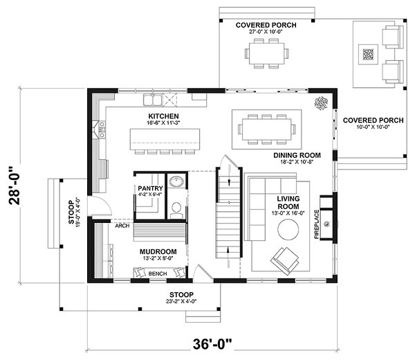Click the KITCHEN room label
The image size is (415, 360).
tap(164, 116)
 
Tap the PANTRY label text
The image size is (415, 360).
tap(149, 188)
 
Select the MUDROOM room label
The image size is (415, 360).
tap(158, 251)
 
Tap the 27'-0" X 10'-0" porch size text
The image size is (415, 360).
tap(266, 32)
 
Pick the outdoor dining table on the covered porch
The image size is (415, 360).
tap(265, 53)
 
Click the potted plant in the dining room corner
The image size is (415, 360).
tap(322, 104)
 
